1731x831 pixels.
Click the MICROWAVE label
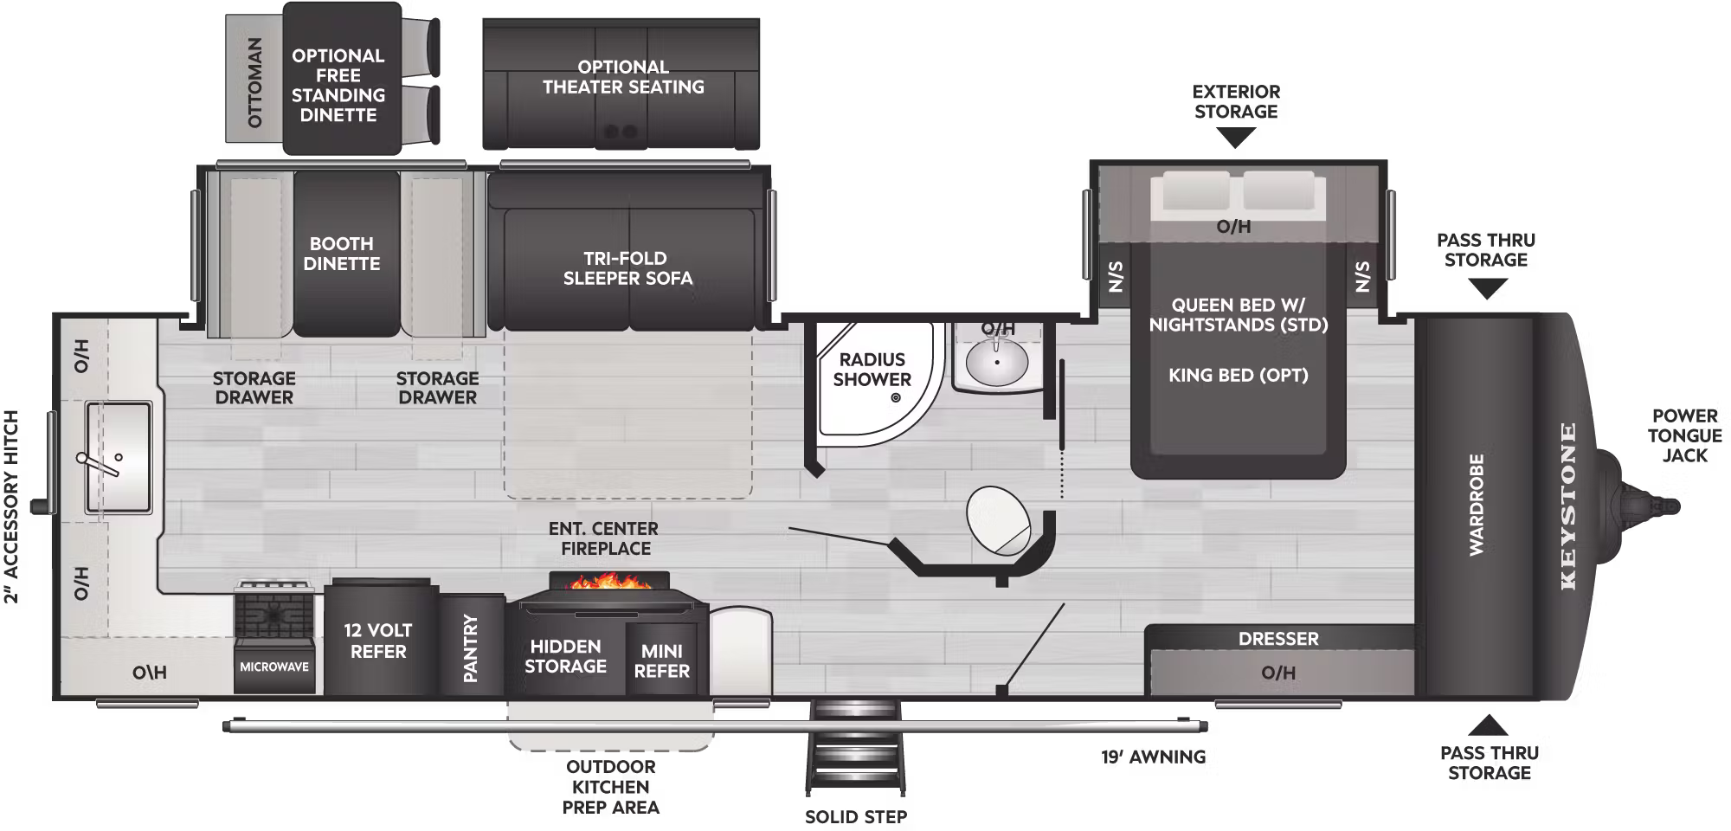click(x=274, y=667)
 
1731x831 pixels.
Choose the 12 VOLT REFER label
click(x=378, y=641)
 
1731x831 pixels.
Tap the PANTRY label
click(x=471, y=648)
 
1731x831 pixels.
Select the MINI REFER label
click(x=662, y=660)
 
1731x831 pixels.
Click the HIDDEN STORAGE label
click(x=565, y=656)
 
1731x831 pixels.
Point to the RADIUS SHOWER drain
click(x=896, y=398)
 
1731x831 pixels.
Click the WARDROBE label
click(x=1477, y=505)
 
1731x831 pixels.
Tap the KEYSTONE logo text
click(x=1568, y=506)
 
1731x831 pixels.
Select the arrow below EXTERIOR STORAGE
click(x=1236, y=138)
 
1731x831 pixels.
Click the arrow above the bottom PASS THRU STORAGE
click(x=1488, y=725)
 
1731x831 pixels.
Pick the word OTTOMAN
click(x=254, y=83)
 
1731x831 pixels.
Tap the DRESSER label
click(x=1278, y=639)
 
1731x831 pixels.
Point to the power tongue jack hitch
click(x=1644, y=505)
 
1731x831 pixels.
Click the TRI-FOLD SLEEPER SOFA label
click(x=627, y=268)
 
